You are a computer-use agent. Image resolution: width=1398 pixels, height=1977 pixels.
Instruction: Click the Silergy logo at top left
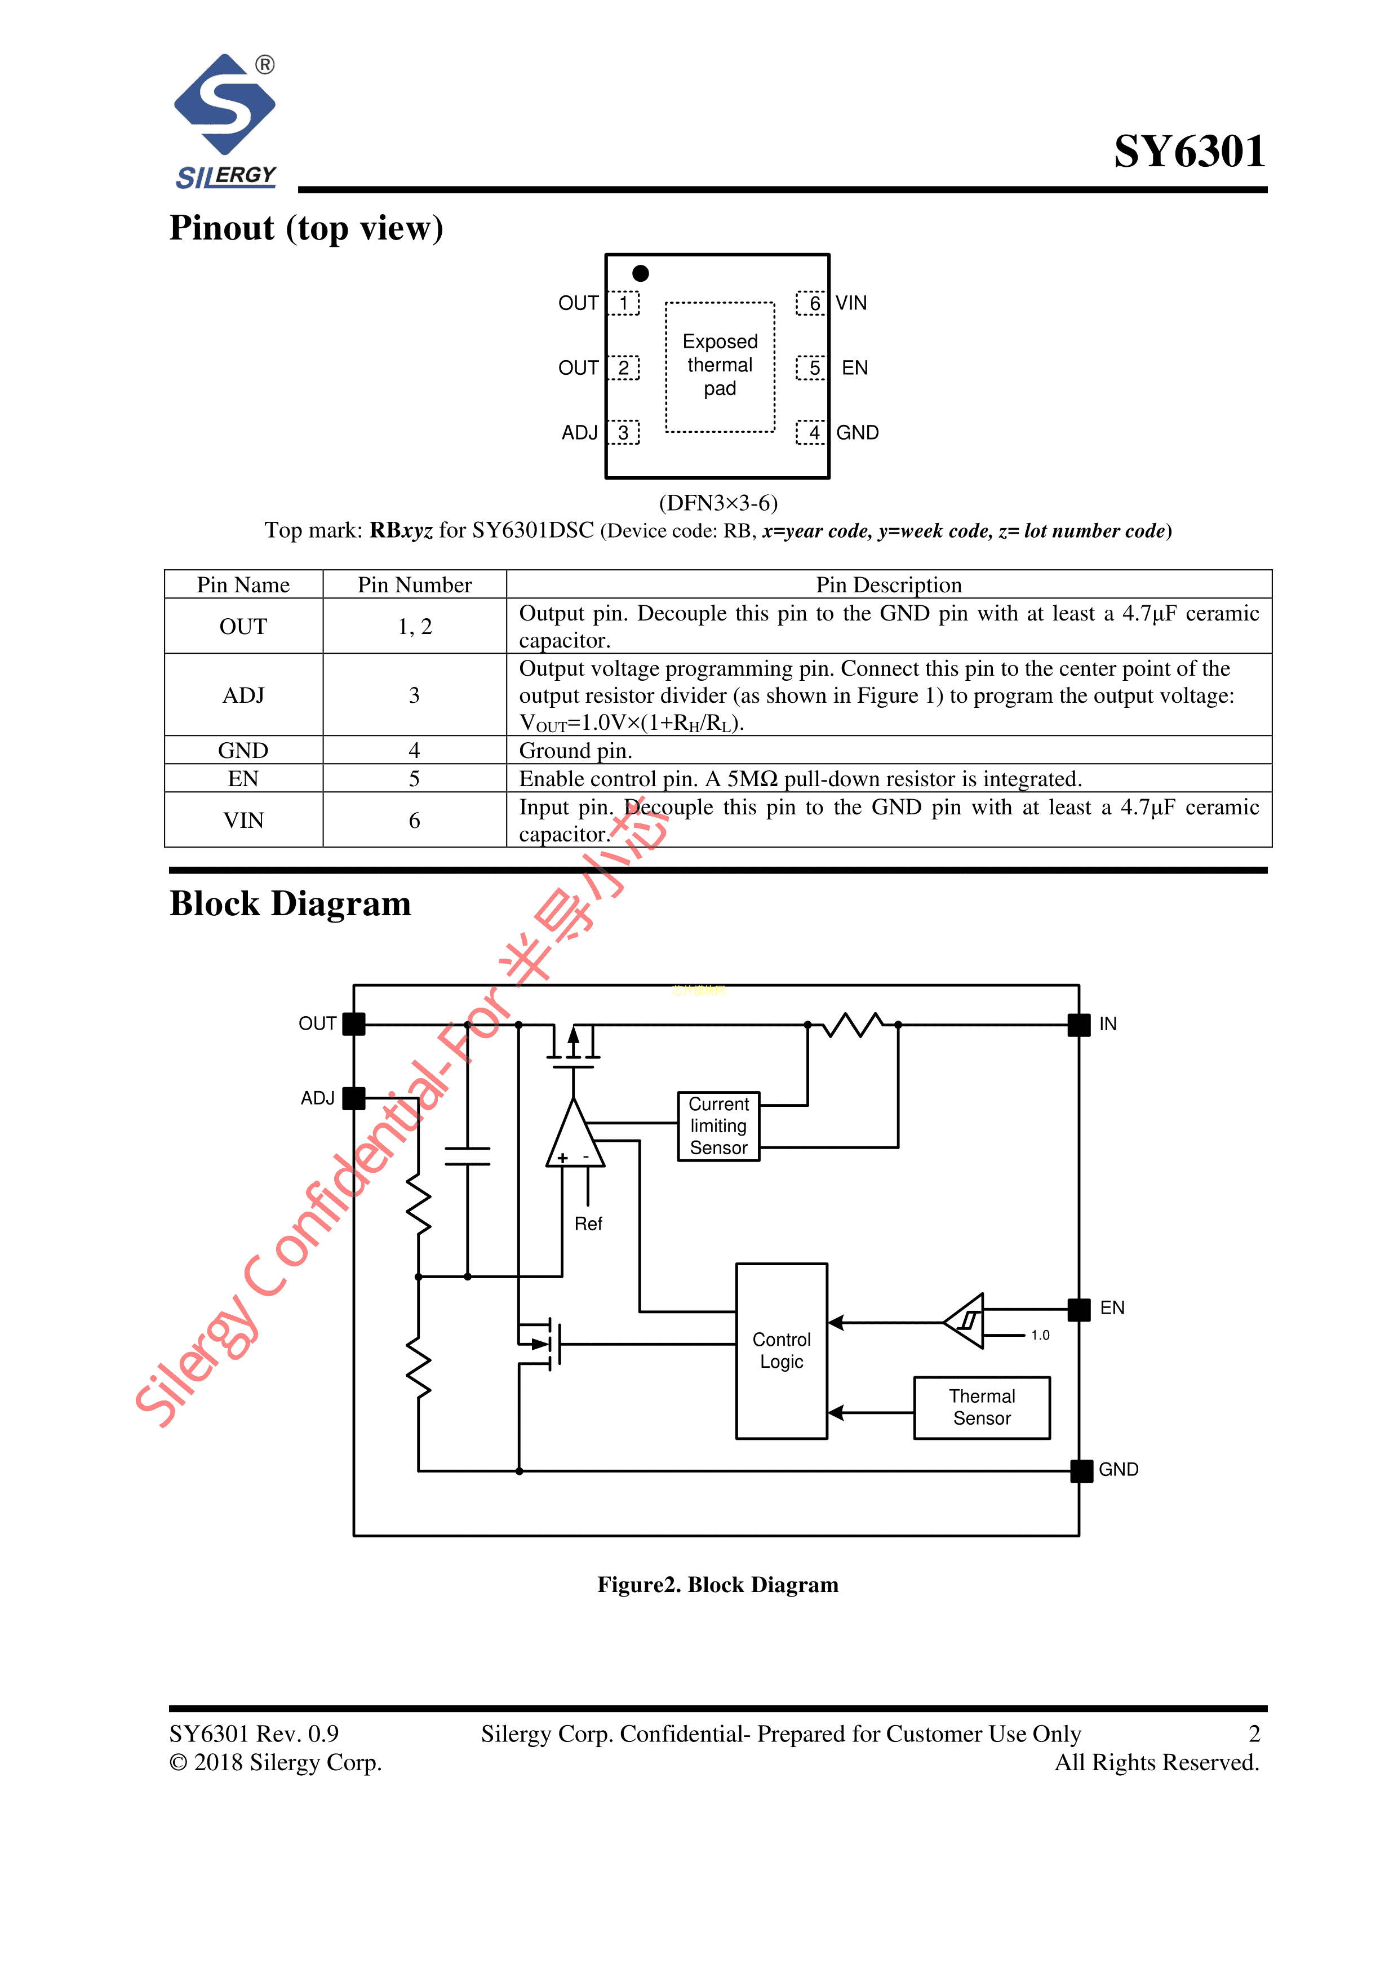[x=225, y=121]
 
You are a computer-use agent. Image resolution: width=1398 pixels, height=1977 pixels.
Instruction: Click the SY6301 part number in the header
[x=1189, y=152]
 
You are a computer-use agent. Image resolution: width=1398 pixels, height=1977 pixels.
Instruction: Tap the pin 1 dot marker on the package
[x=641, y=273]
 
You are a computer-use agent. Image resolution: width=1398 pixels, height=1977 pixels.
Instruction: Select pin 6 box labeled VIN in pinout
[x=811, y=303]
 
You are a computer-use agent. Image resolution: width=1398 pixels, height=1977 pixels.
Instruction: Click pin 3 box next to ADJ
[x=623, y=432]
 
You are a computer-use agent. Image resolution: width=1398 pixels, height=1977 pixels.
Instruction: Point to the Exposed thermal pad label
[x=720, y=365]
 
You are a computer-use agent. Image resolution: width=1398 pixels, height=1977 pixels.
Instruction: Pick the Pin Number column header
[x=415, y=584]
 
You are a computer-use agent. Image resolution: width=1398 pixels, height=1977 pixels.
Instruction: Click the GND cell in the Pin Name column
[x=243, y=750]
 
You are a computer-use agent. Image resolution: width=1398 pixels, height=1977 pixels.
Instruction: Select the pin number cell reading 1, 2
[x=415, y=626]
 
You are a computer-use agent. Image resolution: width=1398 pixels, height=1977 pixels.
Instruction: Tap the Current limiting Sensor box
[x=719, y=1126]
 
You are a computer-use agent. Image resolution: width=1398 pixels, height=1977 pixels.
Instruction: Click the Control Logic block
[x=782, y=1351]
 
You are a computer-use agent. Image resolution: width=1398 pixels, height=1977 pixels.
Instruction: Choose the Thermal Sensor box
[x=982, y=1408]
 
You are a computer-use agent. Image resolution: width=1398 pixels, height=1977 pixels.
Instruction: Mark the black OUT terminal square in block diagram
[x=354, y=1024]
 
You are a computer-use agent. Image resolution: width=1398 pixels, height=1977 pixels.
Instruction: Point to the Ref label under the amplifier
[x=589, y=1224]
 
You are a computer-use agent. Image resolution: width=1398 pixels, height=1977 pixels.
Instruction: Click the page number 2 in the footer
[x=1254, y=1734]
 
